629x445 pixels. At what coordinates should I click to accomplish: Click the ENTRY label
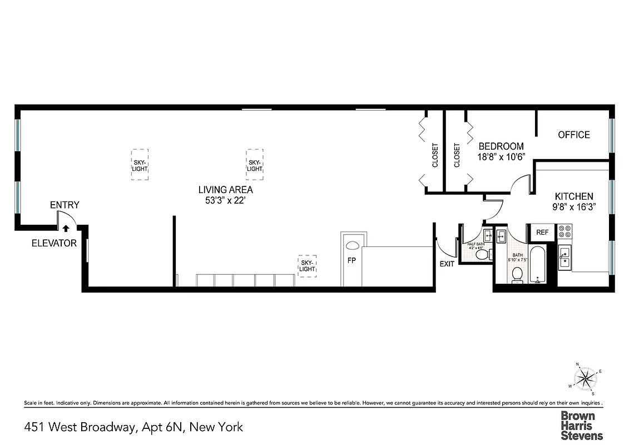[65, 205]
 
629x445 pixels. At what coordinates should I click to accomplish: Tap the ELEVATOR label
[54, 243]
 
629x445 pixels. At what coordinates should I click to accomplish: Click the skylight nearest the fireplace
[308, 265]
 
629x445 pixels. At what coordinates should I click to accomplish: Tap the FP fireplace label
[351, 260]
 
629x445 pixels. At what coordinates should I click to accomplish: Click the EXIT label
[447, 264]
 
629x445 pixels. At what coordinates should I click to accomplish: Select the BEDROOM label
[501, 146]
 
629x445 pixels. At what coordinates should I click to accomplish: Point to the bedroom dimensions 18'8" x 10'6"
[501, 157]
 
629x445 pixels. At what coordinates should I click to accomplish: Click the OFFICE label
[574, 135]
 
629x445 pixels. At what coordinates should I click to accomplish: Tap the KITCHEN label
[574, 196]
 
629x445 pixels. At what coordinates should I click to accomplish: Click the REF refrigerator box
[542, 233]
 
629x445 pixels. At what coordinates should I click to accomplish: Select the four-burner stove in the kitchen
[565, 233]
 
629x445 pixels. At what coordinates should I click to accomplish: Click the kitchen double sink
[565, 257]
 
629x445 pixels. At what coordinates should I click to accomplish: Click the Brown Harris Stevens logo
[581, 426]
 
